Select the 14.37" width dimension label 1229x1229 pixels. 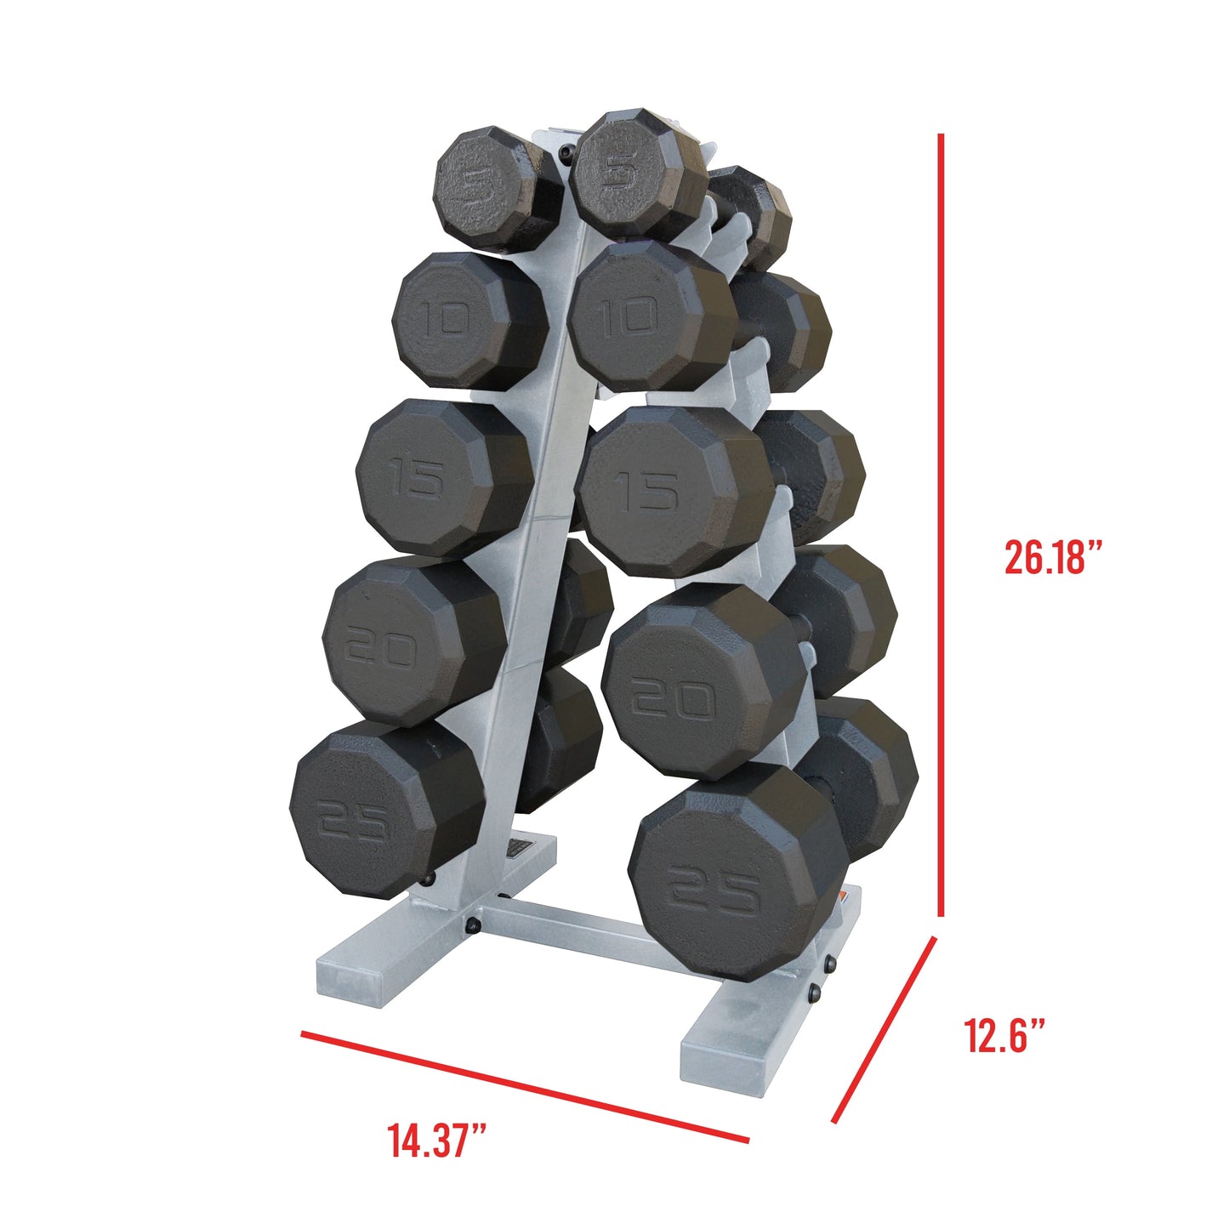[438, 1140]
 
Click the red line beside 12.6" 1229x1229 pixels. [885, 1029]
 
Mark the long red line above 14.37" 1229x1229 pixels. [525, 1086]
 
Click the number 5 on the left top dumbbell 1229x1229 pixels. [473, 186]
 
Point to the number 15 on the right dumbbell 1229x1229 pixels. [648, 492]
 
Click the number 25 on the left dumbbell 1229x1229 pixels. [353, 822]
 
